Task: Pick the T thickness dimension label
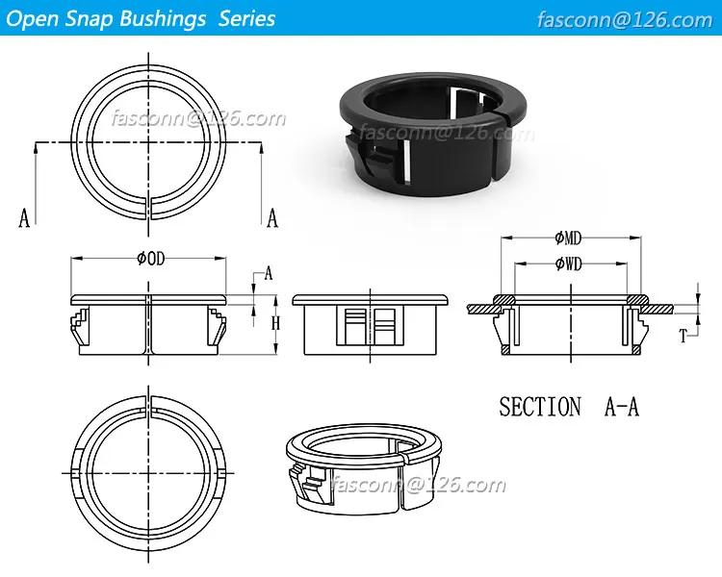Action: click(683, 336)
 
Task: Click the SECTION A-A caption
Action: click(568, 407)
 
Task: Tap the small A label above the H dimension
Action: click(269, 274)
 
